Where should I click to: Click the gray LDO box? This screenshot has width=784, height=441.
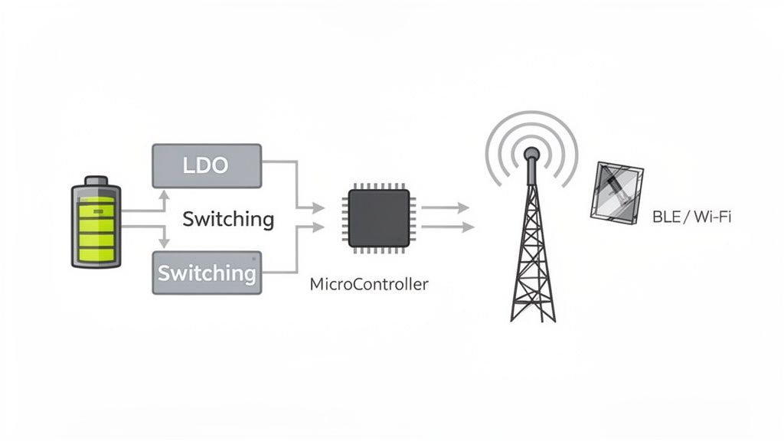pyautogui.click(x=207, y=165)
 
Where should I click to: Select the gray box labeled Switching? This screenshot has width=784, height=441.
pyautogui.click(x=207, y=273)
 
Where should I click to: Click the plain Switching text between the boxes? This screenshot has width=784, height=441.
pyautogui.click(x=227, y=219)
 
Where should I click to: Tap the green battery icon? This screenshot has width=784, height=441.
pyautogui.click(x=96, y=222)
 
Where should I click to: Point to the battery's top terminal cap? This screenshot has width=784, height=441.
pyautogui.click(x=96, y=180)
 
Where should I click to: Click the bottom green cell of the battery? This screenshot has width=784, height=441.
pyautogui.click(x=96, y=250)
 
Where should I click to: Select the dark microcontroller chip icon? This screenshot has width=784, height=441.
pyautogui.click(x=378, y=218)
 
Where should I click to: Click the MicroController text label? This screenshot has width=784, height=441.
pyautogui.click(x=369, y=284)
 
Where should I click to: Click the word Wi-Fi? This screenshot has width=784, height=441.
pyautogui.click(x=712, y=217)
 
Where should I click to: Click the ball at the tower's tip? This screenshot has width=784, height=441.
pyautogui.click(x=531, y=153)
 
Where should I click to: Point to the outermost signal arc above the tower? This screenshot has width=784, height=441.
pyautogui.click(x=531, y=116)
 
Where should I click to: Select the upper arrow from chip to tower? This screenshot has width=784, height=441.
pyautogui.click(x=446, y=207)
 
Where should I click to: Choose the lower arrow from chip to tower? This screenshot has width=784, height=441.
pyautogui.click(x=448, y=227)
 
